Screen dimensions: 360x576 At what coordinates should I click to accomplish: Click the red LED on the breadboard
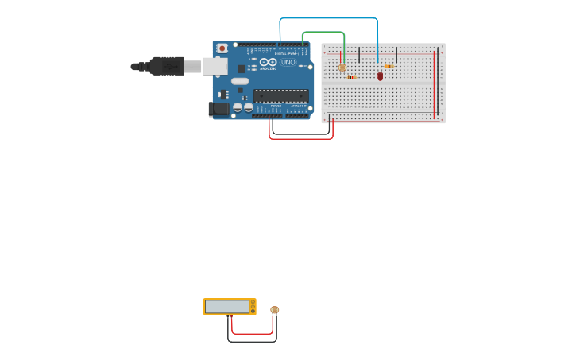[380, 76]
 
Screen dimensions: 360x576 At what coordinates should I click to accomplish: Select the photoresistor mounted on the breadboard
[342, 68]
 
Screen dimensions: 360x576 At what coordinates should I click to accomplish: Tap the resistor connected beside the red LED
[389, 67]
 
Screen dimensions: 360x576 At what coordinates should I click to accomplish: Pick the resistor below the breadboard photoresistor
[351, 77]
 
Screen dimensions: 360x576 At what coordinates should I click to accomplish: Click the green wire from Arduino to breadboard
[323, 33]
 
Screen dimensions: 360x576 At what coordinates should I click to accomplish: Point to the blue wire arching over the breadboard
[328, 18]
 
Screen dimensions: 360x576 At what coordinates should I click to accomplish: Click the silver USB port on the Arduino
[215, 66]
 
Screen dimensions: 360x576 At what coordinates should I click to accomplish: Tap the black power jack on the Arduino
[219, 109]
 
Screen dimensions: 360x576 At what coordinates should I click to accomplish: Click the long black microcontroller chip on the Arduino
[281, 95]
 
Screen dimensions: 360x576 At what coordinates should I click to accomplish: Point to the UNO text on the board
[288, 62]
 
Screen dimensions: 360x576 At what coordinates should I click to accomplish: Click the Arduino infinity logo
[269, 61]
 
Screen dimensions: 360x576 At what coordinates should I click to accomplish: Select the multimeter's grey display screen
[227, 306]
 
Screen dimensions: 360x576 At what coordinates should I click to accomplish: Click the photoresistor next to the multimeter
[275, 310]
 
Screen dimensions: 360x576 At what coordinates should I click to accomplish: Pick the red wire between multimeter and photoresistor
[252, 334]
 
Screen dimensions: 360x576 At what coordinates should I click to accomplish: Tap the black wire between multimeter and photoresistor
[252, 342]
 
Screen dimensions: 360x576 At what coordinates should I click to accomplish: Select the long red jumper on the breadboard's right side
[434, 83]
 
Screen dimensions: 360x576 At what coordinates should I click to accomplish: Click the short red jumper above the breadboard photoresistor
[342, 56]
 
